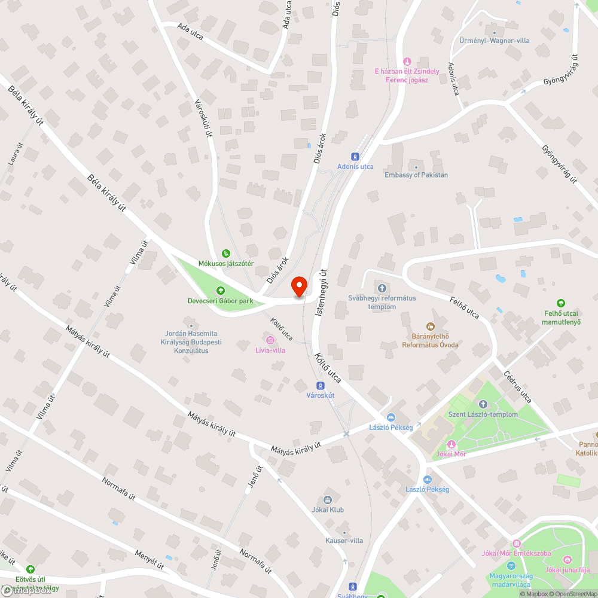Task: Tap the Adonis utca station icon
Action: (x=356, y=157)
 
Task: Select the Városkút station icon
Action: (x=321, y=386)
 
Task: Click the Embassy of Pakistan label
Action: (x=416, y=175)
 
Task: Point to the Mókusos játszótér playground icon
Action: (x=226, y=254)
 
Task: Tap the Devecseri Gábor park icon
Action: (x=221, y=291)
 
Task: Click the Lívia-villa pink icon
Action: (x=270, y=340)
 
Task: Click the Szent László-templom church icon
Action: (x=483, y=405)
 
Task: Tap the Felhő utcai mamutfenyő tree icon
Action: (x=561, y=303)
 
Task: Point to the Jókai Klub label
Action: (x=328, y=509)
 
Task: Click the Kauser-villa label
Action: (x=344, y=541)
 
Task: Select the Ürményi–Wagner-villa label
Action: (x=494, y=41)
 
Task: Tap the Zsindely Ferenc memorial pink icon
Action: (x=407, y=61)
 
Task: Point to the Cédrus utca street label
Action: (x=517, y=389)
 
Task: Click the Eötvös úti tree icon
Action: (x=30, y=569)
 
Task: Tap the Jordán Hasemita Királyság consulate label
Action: (x=191, y=341)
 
